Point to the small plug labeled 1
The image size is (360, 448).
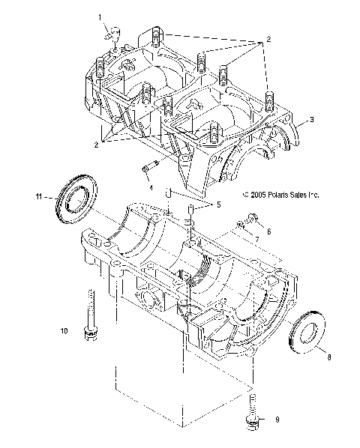(x=112, y=34)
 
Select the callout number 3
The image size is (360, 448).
(x=302, y=120)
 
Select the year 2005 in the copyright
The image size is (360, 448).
(x=261, y=194)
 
